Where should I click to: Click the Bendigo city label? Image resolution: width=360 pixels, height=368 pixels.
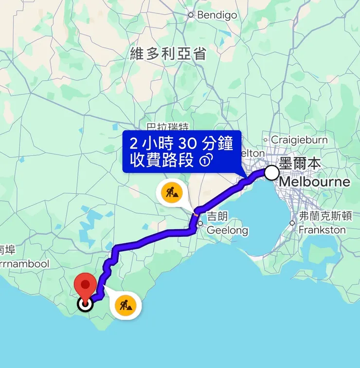pos(217,15)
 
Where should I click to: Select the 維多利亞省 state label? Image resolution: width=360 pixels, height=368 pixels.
pos(168,54)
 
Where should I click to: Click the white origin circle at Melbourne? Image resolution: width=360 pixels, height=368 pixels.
pos(272,173)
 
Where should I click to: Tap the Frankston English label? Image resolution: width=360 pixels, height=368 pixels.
pos(322,229)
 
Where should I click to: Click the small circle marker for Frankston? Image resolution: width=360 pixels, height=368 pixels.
pos(292,223)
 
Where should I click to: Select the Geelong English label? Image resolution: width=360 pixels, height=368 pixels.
pos(227,230)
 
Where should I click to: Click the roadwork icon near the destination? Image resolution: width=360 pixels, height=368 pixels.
pos(127,306)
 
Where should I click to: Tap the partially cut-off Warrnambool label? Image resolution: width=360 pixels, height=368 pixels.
pos(24,264)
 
